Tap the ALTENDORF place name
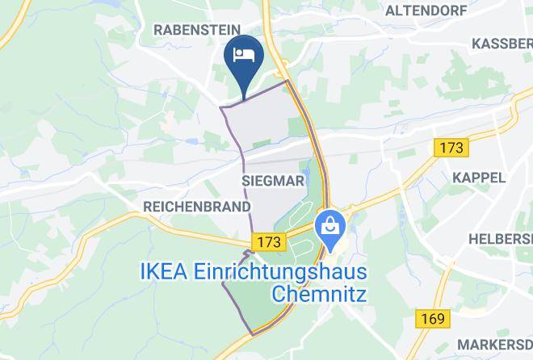click(x=425, y=10)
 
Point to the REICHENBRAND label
click(x=196, y=207)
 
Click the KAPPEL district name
click(x=479, y=178)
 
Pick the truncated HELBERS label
click(x=501, y=240)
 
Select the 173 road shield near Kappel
click(x=450, y=148)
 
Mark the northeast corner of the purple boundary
click(x=287, y=82)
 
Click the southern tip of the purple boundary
click(x=253, y=333)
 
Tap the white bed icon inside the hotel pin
click(x=244, y=54)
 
